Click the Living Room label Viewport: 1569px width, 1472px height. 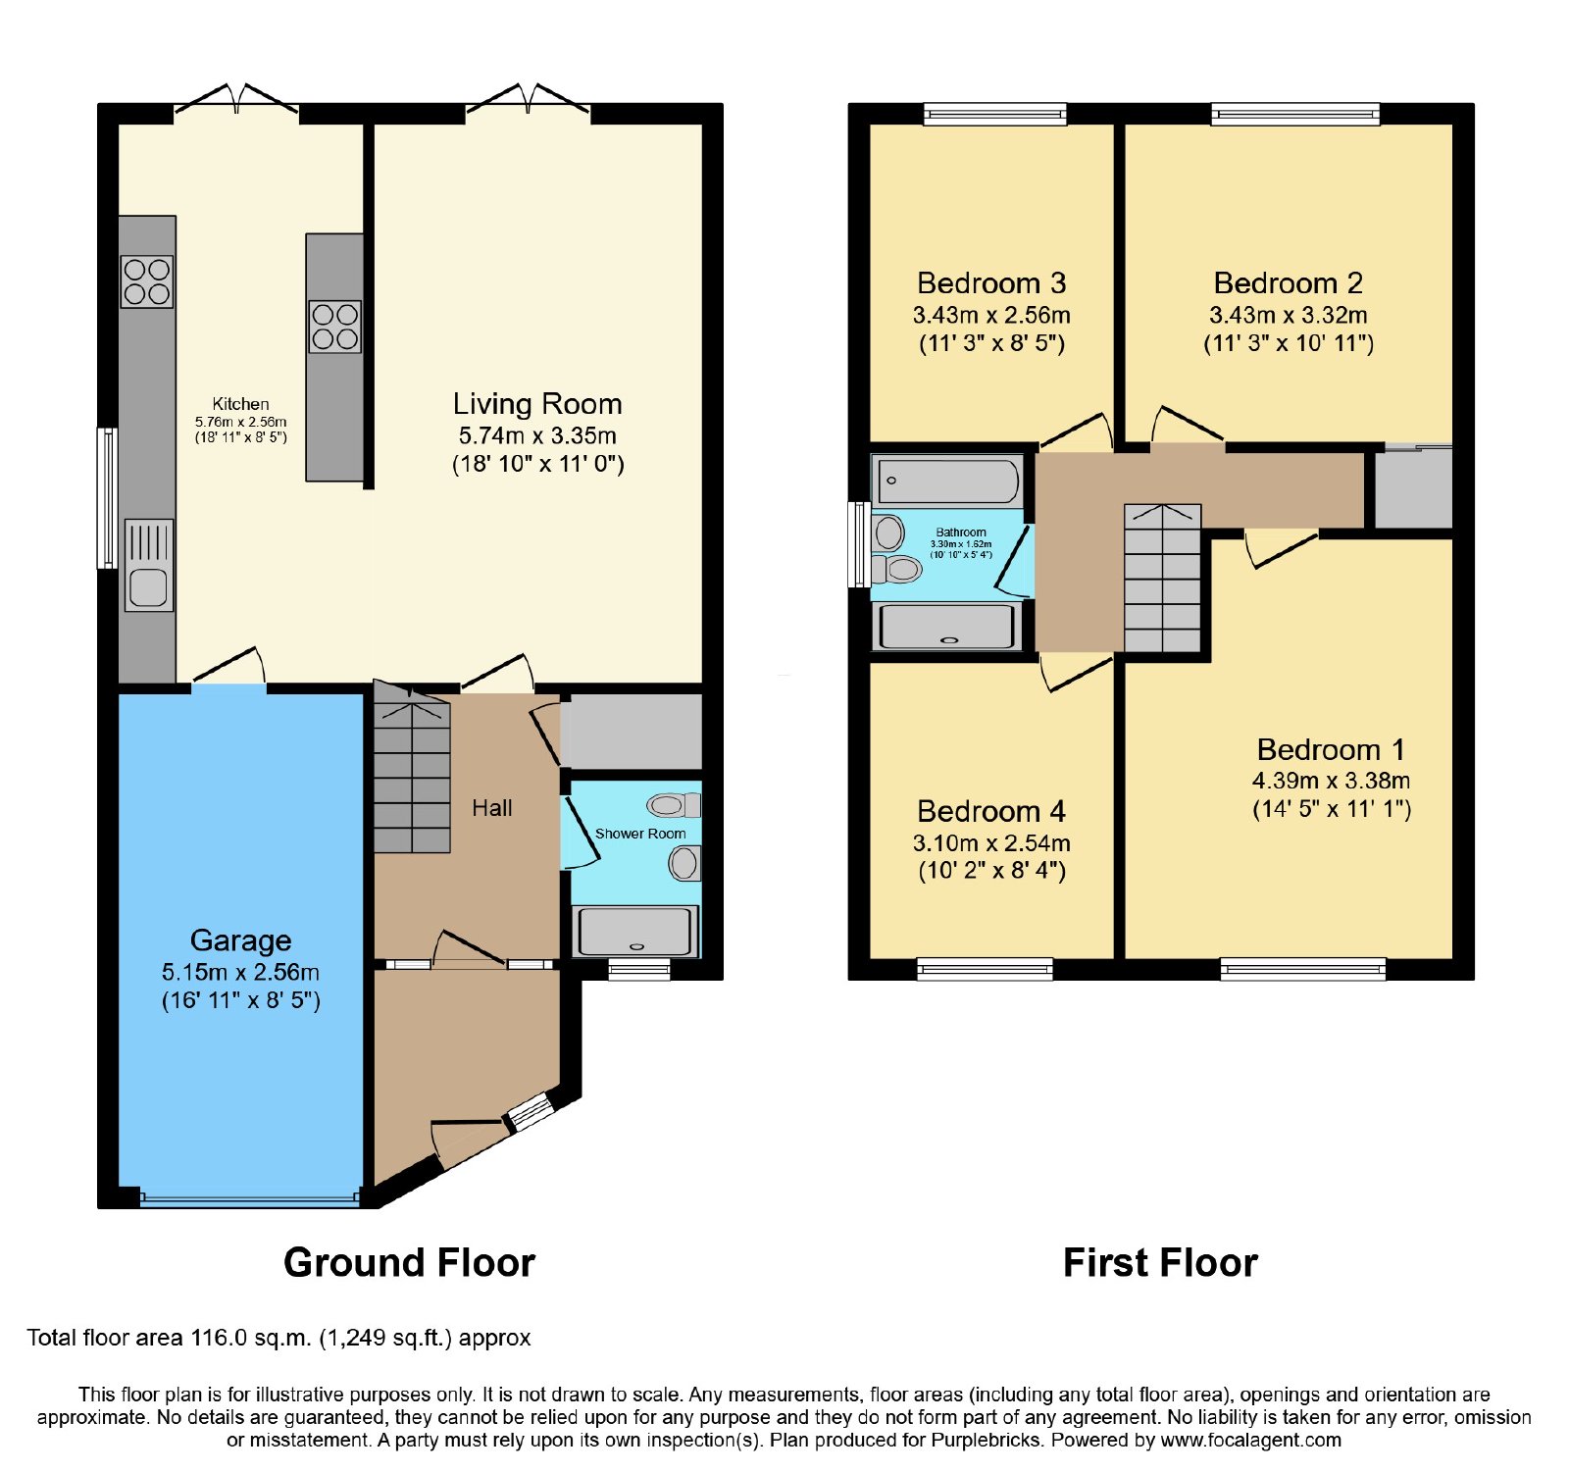537,404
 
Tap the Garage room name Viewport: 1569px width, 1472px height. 240,940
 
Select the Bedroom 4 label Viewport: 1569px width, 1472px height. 990,811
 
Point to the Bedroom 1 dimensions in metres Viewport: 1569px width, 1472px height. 1331,781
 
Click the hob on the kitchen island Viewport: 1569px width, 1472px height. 334,327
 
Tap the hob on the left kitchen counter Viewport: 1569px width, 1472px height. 147,281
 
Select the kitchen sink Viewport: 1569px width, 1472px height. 149,566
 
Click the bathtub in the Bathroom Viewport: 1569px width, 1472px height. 947,481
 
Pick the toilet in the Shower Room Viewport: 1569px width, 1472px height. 674,806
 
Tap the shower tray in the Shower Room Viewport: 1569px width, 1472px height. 636,931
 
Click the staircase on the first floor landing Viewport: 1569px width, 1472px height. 1162,578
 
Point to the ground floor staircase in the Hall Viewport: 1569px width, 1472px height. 412,768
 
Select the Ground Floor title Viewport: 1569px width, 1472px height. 409,1263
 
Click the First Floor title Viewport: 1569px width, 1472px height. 1160,1263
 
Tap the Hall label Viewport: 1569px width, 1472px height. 491,808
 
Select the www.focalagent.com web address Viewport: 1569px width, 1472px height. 1251,1441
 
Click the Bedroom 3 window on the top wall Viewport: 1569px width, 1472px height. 995,115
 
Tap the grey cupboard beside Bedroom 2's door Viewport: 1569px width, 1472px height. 1413,488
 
